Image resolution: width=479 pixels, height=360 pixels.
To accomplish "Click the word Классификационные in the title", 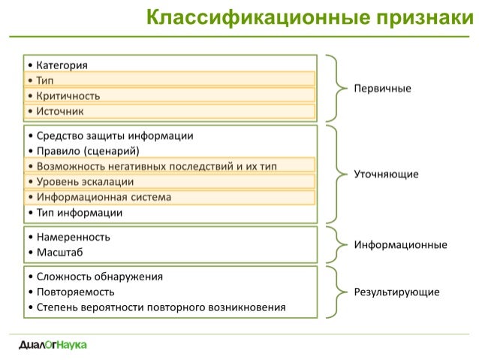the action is [x=258, y=18].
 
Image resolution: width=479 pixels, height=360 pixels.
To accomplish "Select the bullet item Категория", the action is [x=62, y=65].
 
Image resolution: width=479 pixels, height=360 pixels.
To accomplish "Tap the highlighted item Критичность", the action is [x=68, y=95].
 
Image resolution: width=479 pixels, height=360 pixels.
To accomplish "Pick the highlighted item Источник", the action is [x=60, y=111].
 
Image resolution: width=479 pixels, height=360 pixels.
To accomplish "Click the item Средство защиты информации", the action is [x=115, y=135].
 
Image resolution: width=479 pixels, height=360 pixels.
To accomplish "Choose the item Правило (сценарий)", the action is [x=88, y=151].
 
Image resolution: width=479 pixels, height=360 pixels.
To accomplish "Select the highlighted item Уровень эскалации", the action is [x=86, y=182].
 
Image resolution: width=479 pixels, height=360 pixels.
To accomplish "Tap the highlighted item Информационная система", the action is [x=104, y=197].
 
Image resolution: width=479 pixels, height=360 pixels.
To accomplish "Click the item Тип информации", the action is [x=80, y=213].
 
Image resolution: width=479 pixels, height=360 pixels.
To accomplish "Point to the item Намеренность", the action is [x=74, y=237].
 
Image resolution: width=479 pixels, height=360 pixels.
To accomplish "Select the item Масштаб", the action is [x=60, y=253].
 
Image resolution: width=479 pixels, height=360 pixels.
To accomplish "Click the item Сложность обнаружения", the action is [x=100, y=277].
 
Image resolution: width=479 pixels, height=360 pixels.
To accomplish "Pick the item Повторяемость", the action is [x=76, y=292].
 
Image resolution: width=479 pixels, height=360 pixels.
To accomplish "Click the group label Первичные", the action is [x=382, y=89].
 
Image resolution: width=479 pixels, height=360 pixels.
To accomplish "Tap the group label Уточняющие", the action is [x=386, y=174].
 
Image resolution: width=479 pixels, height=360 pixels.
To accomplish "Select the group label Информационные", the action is [x=400, y=244].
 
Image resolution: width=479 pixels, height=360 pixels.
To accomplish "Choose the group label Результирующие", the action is [x=397, y=292].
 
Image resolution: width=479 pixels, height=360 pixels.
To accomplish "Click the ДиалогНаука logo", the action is [x=53, y=345].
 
